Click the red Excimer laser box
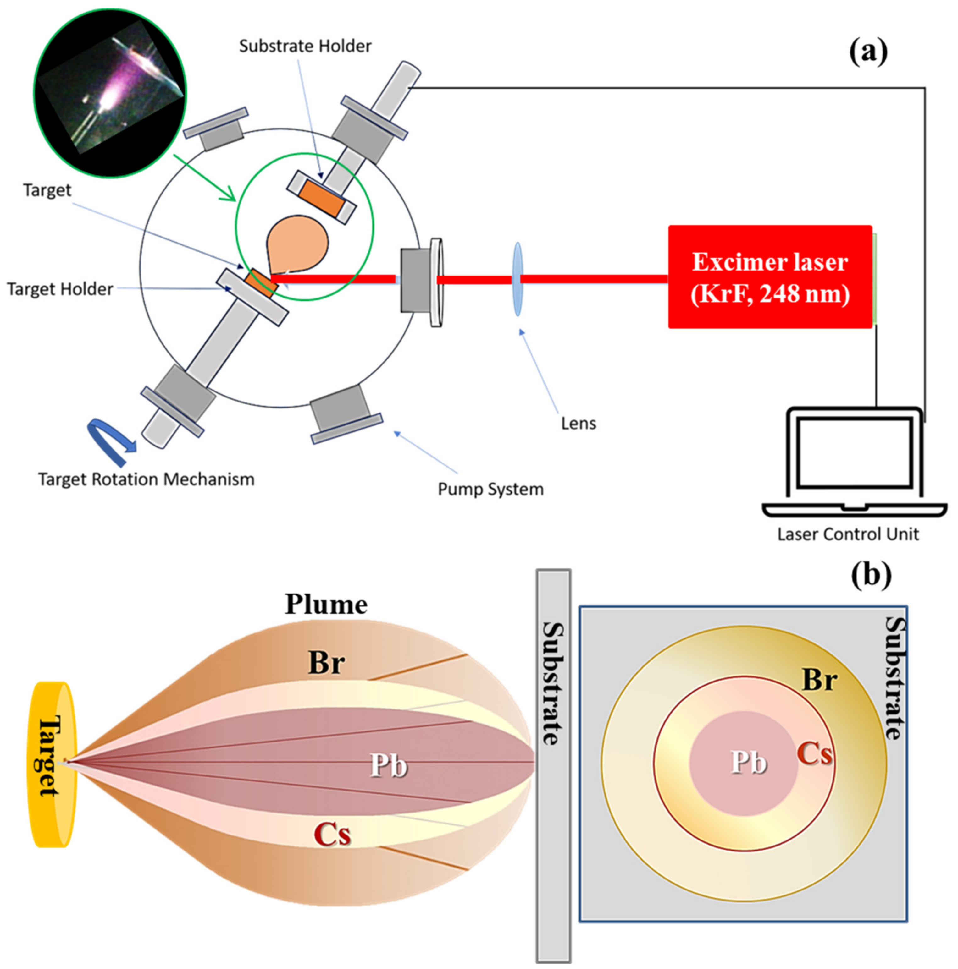point(769,277)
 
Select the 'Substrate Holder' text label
point(305,46)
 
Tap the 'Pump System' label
point(490,489)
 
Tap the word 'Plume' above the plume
point(326,605)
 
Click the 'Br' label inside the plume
point(326,663)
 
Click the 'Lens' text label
point(578,424)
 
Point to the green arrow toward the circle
point(206,178)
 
